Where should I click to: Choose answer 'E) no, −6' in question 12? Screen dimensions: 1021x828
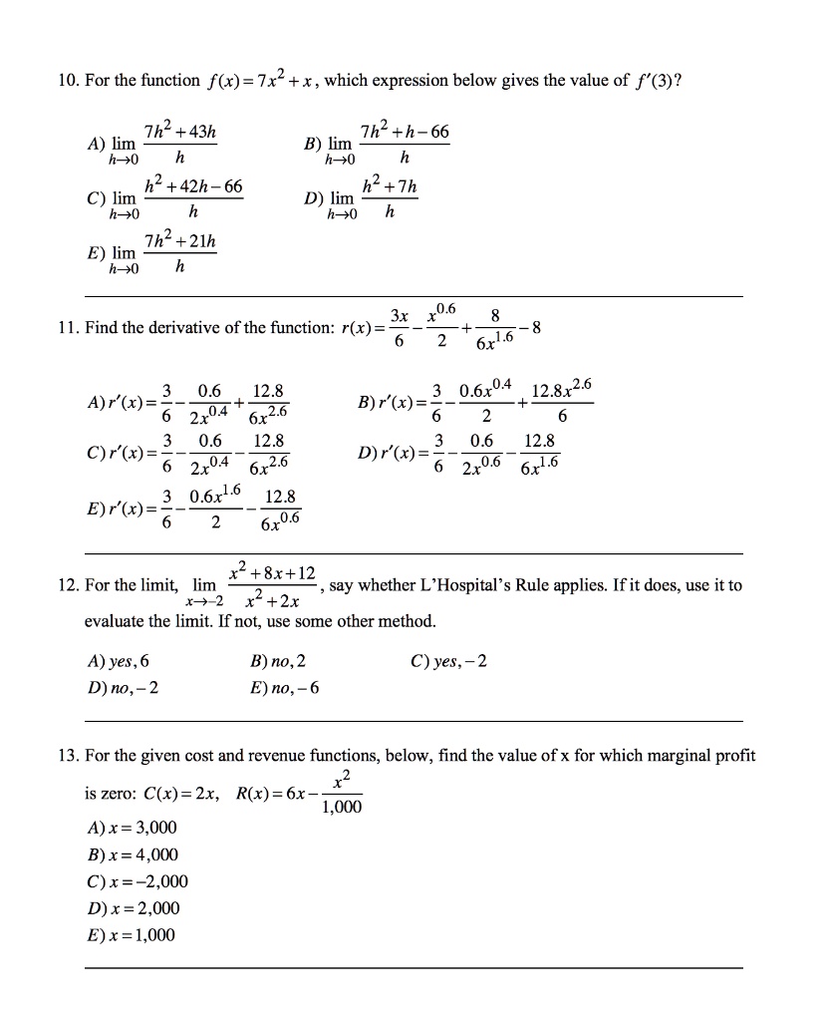point(286,687)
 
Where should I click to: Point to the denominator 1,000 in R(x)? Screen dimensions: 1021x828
point(342,808)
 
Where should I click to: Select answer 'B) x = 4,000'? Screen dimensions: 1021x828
point(133,854)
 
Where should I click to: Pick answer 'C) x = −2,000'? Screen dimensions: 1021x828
point(137,881)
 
